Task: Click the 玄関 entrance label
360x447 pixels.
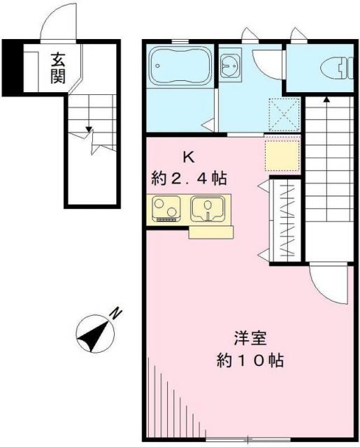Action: click(57, 67)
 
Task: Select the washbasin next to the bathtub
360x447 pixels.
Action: click(229, 66)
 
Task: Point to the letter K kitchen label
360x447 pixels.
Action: click(188, 157)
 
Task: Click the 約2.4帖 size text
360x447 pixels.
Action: click(189, 178)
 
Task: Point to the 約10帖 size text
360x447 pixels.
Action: click(250, 362)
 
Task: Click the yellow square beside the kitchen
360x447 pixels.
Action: click(282, 155)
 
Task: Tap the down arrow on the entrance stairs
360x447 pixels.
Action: click(89, 129)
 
